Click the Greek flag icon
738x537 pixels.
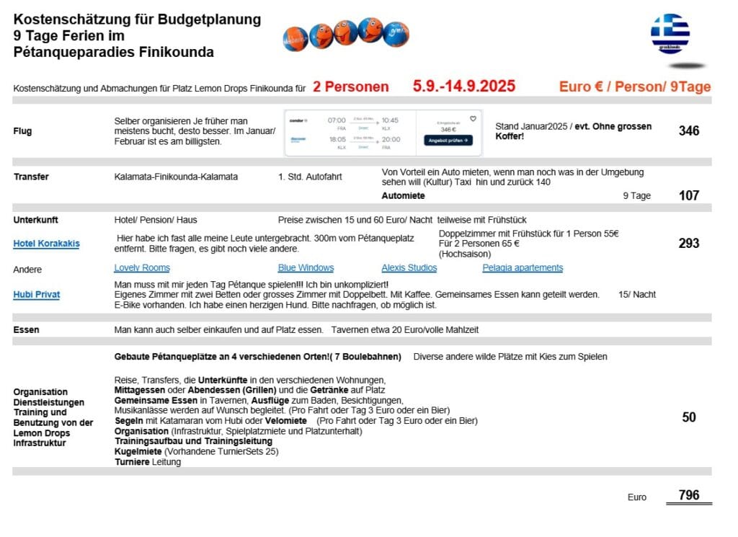click(670, 33)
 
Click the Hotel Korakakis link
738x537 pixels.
click(46, 244)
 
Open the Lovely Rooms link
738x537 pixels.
click(142, 268)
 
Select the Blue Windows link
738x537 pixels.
click(306, 268)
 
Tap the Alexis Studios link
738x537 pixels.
click(409, 268)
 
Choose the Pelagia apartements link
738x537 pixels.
click(523, 268)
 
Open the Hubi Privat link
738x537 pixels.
click(36, 294)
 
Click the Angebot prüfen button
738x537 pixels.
click(448, 141)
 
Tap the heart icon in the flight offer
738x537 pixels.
click(473, 119)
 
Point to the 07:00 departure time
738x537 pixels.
click(337, 120)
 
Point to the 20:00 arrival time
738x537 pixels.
click(392, 139)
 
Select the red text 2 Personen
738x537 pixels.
click(350, 87)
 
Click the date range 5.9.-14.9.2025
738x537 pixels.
click(464, 87)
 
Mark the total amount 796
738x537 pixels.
click(688, 495)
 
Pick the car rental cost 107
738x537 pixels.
click(688, 195)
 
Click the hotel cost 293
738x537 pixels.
click(688, 244)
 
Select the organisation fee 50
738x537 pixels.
click(688, 417)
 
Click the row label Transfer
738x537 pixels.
click(31, 177)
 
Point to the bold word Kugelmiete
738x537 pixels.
click(138, 452)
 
